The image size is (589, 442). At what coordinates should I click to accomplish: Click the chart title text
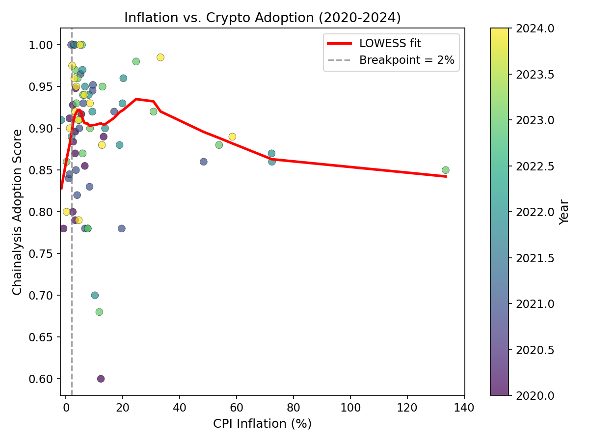[262, 18]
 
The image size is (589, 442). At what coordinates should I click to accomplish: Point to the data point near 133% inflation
[445, 170]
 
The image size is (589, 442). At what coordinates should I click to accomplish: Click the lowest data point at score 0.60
[101, 379]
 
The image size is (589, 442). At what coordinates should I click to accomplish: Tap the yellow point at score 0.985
[160, 57]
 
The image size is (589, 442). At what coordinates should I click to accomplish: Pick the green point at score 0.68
[99, 312]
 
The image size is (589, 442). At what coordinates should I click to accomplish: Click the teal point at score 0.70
[95, 295]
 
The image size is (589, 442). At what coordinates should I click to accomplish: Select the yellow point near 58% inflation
[232, 137]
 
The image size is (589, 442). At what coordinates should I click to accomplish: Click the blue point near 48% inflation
[204, 162]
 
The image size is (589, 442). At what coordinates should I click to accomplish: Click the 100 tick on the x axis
[350, 408]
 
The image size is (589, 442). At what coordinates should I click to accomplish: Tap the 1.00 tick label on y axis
[42, 45]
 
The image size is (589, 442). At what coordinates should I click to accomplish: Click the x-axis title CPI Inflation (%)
[262, 423]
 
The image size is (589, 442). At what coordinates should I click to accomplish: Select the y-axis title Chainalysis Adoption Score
[17, 212]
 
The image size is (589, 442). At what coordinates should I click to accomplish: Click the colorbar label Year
[564, 212]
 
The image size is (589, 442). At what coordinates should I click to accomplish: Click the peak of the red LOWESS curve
[136, 99]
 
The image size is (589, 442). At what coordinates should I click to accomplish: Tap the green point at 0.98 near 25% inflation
[136, 61]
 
